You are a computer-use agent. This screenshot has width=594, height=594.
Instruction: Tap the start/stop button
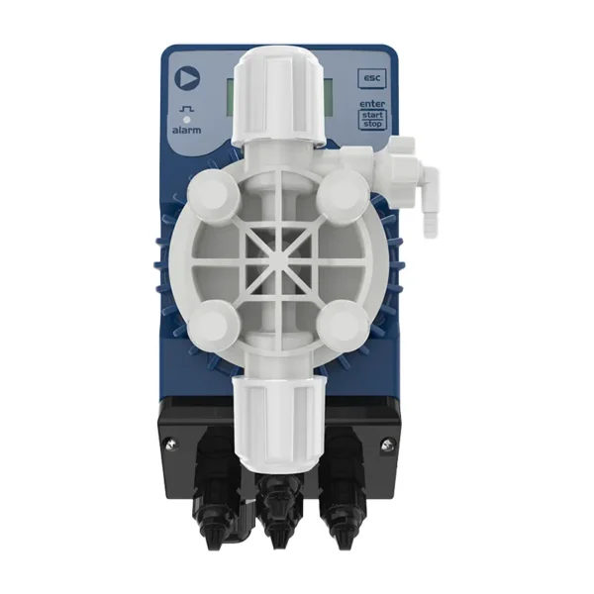(x=372, y=120)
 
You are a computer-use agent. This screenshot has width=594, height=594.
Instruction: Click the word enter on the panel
(x=372, y=103)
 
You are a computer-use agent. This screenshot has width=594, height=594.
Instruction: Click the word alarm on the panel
(x=186, y=130)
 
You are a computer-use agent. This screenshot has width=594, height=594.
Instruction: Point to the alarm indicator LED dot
(x=186, y=120)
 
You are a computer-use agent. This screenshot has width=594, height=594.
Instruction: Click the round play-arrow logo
(x=187, y=78)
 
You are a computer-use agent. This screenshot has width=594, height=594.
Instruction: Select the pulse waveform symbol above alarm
(x=186, y=109)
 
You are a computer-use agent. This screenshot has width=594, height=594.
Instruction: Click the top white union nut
(x=279, y=98)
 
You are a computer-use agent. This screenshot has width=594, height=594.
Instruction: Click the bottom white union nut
(x=279, y=421)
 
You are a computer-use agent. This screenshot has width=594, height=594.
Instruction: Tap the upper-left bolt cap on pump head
(x=213, y=194)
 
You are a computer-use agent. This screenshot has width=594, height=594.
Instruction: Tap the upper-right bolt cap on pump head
(x=343, y=194)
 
